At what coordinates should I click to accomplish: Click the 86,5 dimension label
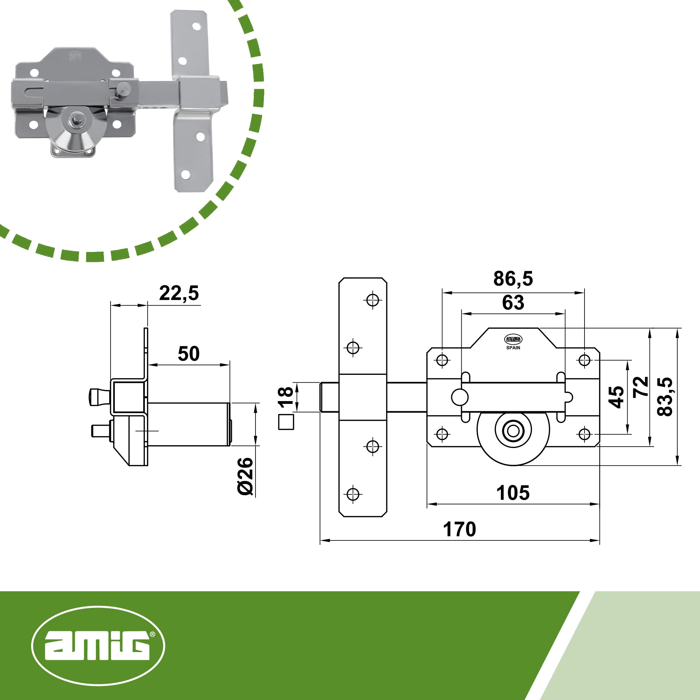(x=513, y=279)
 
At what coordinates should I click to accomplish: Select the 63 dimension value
(x=513, y=302)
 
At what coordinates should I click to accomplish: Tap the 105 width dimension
(x=513, y=493)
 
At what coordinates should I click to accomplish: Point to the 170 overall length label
(x=460, y=529)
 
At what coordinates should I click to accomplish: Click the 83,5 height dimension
(x=665, y=397)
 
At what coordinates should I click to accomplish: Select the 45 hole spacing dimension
(x=616, y=397)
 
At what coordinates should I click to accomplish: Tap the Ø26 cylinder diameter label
(x=245, y=476)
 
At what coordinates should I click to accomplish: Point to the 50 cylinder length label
(x=189, y=353)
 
